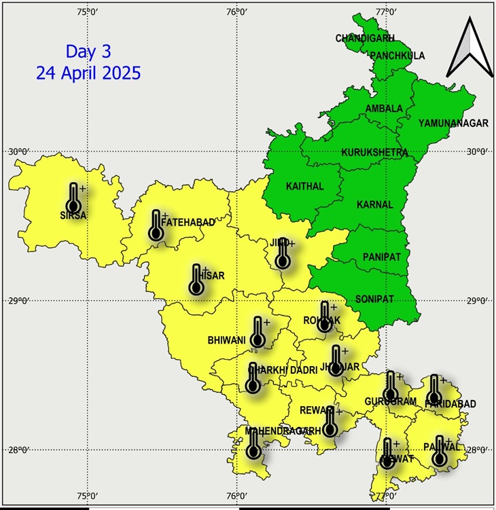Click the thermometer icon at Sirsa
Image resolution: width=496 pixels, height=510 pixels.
(73, 198)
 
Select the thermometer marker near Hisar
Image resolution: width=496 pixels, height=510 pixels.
(196, 279)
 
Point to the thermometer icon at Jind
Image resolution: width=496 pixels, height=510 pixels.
(283, 253)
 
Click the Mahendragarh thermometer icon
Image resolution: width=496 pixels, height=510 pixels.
(254, 443)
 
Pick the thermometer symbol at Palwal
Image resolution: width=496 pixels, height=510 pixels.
(440, 451)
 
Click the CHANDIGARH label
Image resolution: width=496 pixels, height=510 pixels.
(365, 38)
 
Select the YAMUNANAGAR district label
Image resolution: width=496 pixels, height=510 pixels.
(453, 123)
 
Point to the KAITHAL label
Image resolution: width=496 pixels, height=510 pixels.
(304, 186)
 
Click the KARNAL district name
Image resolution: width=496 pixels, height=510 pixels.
(374, 204)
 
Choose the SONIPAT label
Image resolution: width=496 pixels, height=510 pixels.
(374, 299)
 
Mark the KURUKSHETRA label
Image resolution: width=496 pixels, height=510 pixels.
(374, 152)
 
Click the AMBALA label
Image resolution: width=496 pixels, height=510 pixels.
(384, 109)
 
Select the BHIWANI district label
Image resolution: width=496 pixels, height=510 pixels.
(227, 340)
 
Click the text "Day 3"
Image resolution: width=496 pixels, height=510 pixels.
(88, 51)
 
